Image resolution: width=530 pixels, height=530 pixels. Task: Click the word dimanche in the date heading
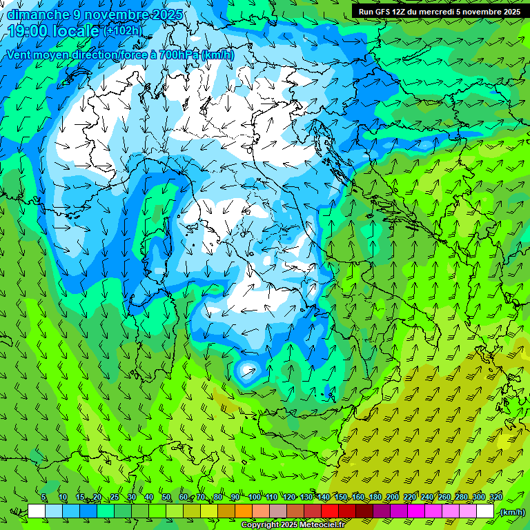point(38,14)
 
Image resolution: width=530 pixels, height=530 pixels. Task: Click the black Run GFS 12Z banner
point(439,12)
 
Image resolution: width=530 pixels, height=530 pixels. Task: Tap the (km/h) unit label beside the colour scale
point(511,512)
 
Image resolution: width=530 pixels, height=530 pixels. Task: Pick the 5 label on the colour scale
point(43,498)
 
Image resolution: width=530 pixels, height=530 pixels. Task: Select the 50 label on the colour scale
point(166,498)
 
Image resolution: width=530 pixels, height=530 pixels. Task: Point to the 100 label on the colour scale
point(254,498)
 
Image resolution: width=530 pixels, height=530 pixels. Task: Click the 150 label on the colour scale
point(341,498)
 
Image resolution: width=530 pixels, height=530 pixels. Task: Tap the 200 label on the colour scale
point(393,498)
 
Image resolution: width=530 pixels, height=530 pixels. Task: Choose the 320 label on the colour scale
point(495,498)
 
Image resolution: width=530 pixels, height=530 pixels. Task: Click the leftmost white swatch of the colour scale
point(37,511)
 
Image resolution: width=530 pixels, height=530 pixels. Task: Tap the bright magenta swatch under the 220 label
point(416,511)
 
